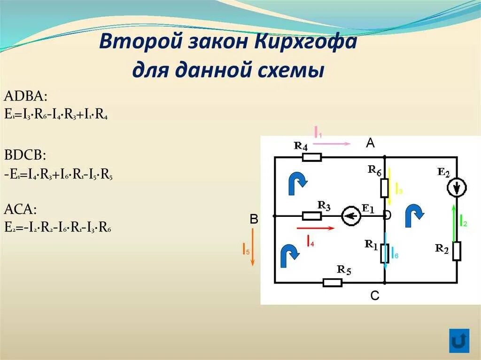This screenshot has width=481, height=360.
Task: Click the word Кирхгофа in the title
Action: click(306, 44)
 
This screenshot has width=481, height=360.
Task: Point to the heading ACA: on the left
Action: click(21, 209)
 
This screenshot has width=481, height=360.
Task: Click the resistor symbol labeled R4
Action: click(311, 157)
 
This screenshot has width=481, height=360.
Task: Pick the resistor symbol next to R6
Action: click(384, 187)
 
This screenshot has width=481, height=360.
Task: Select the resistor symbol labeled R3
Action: click(311, 216)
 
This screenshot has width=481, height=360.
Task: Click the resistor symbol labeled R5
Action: click(332, 283)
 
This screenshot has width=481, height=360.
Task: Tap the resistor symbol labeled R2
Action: click(457, 251)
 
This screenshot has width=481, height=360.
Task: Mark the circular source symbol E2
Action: click(457, 188)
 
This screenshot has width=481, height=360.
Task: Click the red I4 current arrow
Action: click(316, 229)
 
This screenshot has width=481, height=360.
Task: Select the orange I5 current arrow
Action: click(252, 247)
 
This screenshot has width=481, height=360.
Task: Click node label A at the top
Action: click(370, 144)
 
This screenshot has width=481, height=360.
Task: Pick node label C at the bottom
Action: click(374, 296)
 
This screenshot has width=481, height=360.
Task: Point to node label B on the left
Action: click(254, 219)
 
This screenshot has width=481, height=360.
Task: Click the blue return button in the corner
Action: click(459, 340)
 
